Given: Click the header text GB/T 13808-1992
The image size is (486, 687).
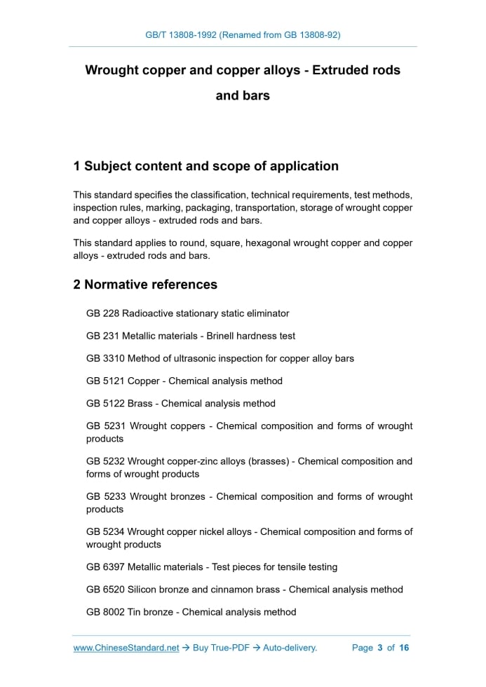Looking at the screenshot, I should (181, 34).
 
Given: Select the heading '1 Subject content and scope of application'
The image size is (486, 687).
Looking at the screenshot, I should (205, 166).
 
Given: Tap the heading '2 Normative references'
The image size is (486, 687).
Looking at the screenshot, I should (145, 285).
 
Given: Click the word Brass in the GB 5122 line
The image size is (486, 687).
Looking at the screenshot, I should (141, 403).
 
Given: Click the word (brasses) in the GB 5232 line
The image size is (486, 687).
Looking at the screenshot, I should (273, 461).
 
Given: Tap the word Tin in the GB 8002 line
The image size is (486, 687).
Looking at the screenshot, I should (135, 612).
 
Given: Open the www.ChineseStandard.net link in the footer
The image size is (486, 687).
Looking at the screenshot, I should (126, 648).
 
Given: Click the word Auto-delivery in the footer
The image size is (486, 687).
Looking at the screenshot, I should (290, 648).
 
